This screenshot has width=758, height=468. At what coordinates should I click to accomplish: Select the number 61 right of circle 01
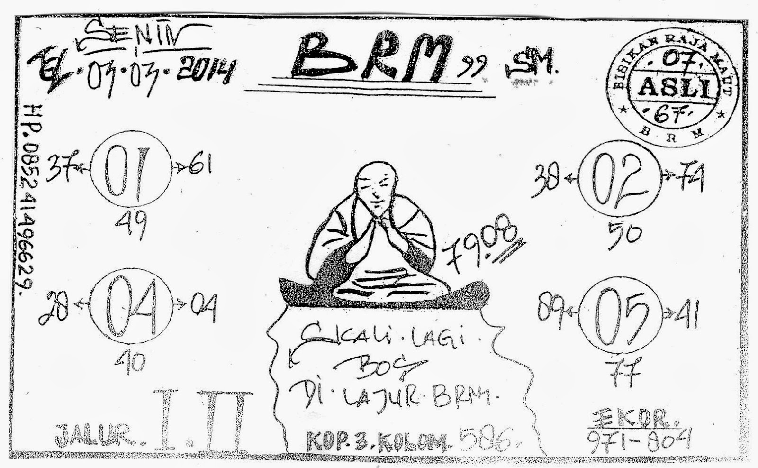[199, 166]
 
